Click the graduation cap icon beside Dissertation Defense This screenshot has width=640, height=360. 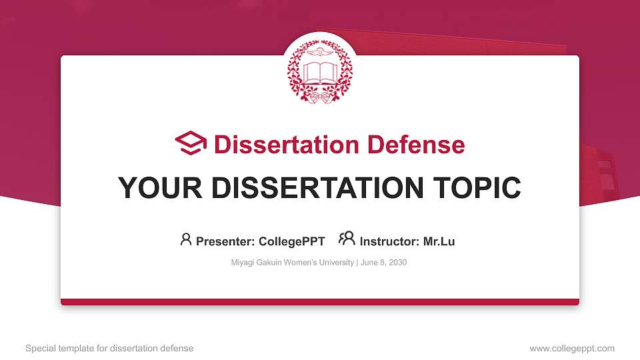(191, 143)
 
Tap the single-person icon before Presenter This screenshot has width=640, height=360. (186, 239)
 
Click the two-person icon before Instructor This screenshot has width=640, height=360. (347, 239)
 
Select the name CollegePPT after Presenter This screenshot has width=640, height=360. (292, 241)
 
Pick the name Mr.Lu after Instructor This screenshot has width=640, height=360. (439, 241)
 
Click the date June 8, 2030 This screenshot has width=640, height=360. (385, 263)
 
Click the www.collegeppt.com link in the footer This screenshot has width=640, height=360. (572, 348)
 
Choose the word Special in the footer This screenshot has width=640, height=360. (40, 348)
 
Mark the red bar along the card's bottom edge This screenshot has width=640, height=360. (320, 302)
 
